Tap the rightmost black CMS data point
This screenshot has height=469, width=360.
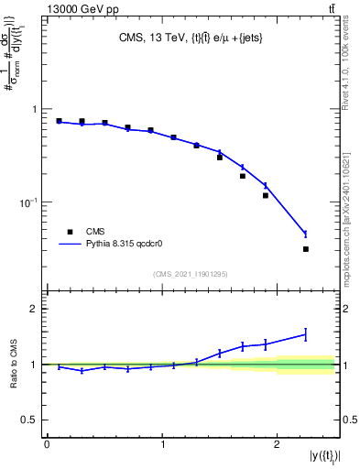306,249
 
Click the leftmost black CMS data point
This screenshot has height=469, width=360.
59,121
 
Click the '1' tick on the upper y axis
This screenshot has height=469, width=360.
36,109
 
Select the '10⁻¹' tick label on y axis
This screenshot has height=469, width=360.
29,202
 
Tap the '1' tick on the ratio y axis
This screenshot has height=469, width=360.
36,365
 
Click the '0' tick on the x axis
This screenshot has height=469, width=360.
47,444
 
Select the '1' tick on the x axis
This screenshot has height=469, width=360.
162,444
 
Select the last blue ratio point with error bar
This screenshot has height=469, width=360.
306,334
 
